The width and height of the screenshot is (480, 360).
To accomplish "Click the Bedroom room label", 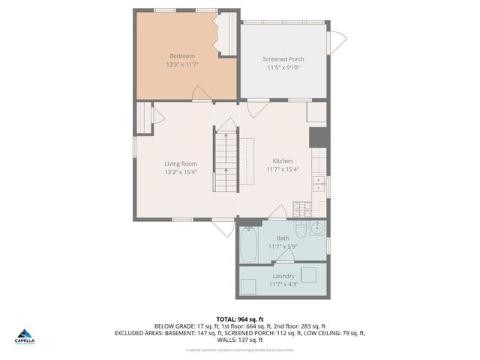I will tap(181, 56).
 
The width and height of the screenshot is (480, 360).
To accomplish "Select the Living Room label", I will tap(180, 163).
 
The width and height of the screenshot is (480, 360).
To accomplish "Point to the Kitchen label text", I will tap(283, 161).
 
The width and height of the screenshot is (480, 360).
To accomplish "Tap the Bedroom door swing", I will tap(201, 94).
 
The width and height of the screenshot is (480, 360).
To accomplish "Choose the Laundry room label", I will tap(283, 276).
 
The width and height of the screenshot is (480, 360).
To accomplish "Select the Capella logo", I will tap(25, 337).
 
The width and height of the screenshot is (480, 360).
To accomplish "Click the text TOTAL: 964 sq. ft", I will tap(240, 319).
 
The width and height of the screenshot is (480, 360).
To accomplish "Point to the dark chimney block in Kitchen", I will tap(317, 137).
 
